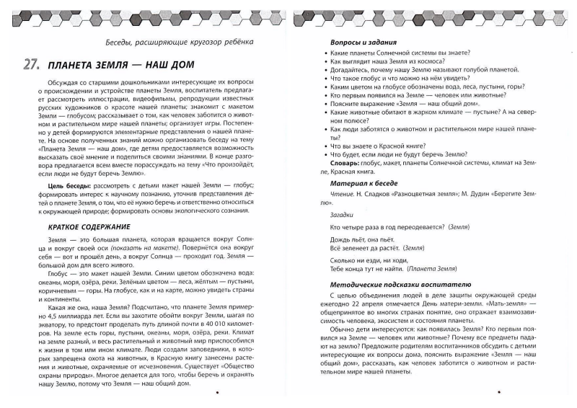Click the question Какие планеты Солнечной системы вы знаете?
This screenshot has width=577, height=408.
(x=397, y=55)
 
